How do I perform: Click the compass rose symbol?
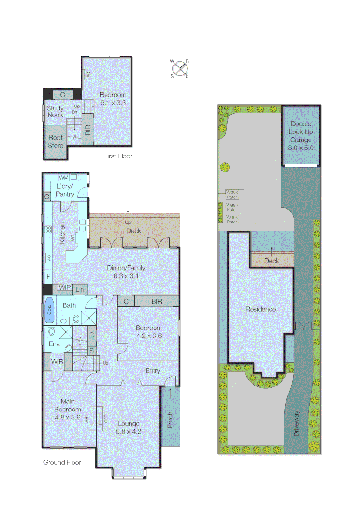pyautogui.click(x=179, y=67)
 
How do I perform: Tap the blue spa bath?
pyautogui.click(x=49, y=310)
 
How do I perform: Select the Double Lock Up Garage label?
pyautogui.click(x=301, y=136)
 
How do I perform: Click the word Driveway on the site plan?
pyautogui.click(x=296, y=423)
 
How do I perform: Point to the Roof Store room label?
pyautogui.click(x=55, y=142)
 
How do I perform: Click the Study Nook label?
pyautogui.click(x=55, y=111)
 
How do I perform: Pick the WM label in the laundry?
pyautogui.click(x=64, y=177)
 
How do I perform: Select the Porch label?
pyautogui.click(x=170, y=421)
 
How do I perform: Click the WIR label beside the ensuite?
pyautogui.click(x=57, y=361)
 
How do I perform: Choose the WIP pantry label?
pyautogui.click(x=65, y=287)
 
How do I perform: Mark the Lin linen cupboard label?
pyautogui.click(x=80, y=288)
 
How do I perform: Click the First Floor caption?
pyautogui.click(x=118, y=156)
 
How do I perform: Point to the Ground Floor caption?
pyautogui.click(x=62, y=462)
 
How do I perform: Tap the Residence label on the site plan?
pyautogui.click(x=261, y=309)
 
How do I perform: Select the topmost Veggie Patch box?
pyautogui.click(x=233, y=194)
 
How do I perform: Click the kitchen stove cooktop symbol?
pyautogui.click(x=48, y=230)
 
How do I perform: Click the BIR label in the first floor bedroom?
pyautogui.click(x=88, y=128)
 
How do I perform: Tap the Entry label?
pyautogui.click(x=153, y=370)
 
